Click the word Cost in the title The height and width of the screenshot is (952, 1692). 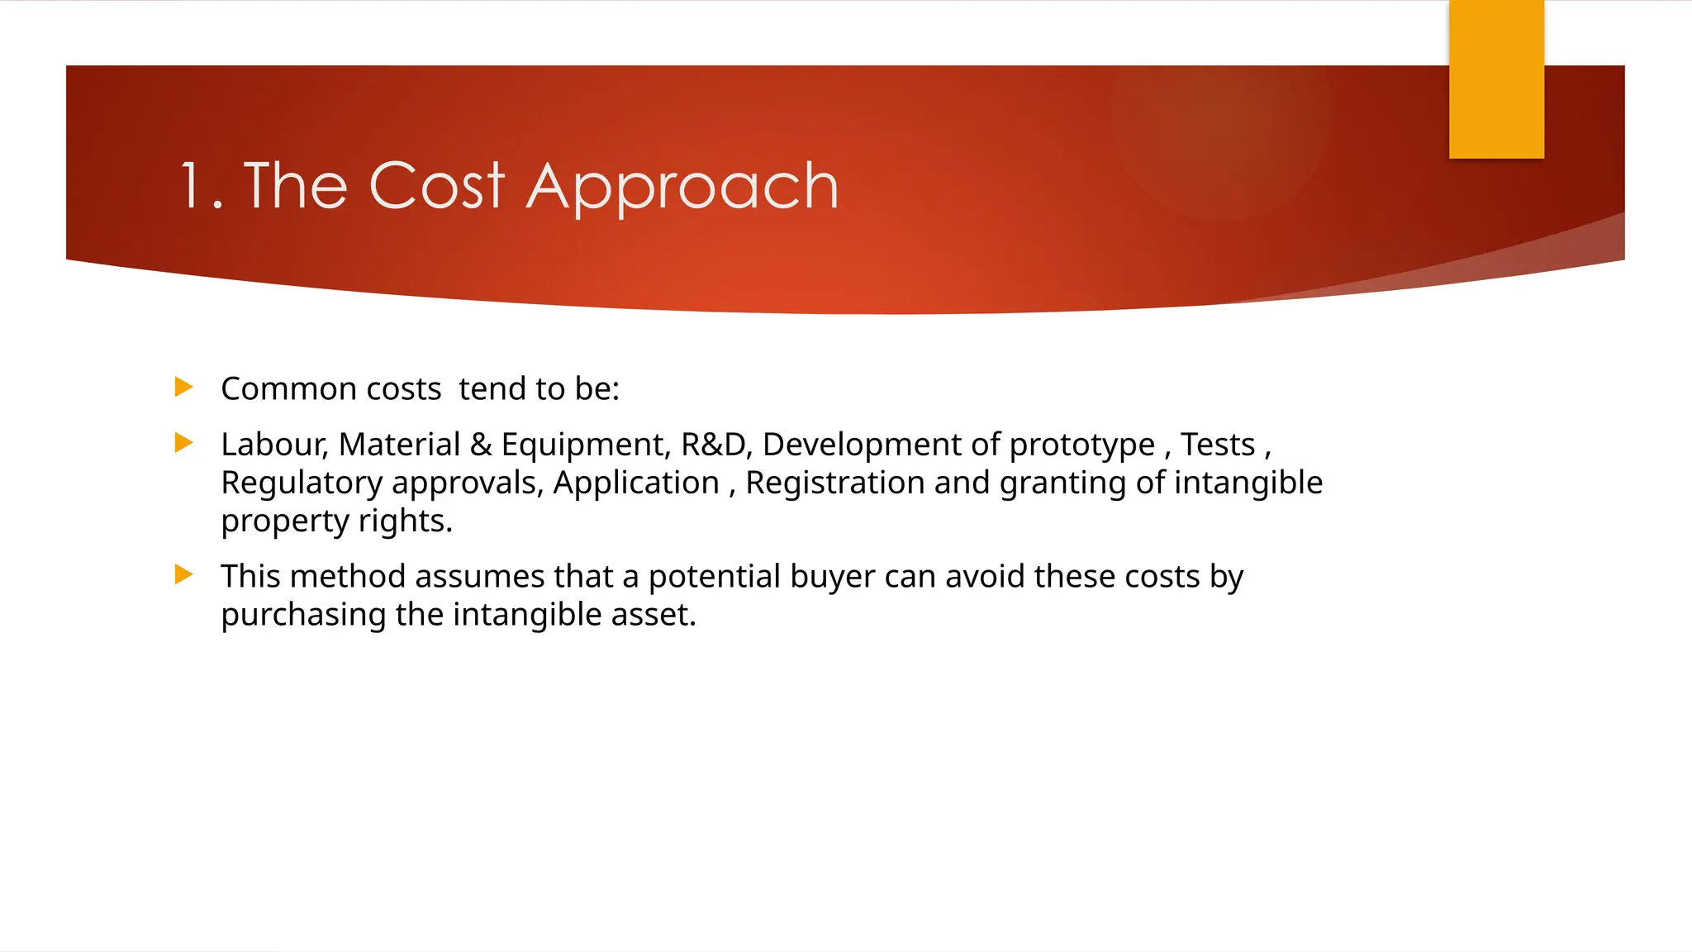(436, 187)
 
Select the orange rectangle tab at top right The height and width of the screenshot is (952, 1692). (1496, 79)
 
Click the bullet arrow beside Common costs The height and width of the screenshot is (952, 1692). (184, 387)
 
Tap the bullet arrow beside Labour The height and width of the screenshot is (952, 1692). (184, 443)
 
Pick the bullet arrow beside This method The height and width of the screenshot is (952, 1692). (184, 574)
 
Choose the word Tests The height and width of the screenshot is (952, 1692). (1217, 445)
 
